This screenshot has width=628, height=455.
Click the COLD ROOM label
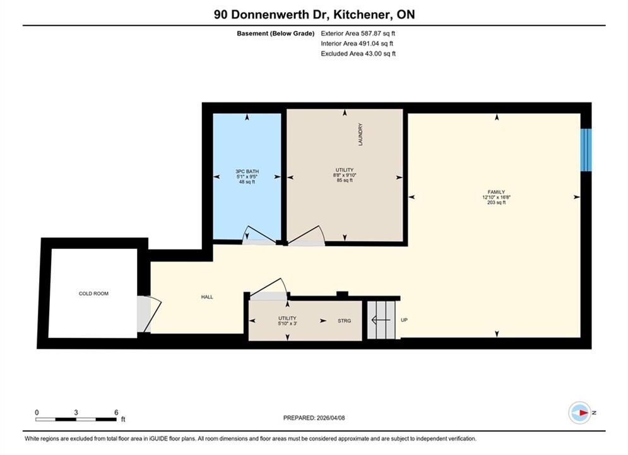coord(93,293)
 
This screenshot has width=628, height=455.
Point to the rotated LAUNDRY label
coord(360,135)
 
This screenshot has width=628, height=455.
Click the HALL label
coord(207,297)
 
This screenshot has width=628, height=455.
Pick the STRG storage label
coord(345,320)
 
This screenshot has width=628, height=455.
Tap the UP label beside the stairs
coord(404,320)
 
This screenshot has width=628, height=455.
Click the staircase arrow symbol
coord(381,320)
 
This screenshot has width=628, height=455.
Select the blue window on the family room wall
coord(586,150)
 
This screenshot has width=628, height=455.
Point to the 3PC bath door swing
coord(258,236)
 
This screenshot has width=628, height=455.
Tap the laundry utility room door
coord(306,236)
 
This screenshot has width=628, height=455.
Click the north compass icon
coord(579,413)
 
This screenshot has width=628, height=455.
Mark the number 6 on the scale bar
coord(117,412)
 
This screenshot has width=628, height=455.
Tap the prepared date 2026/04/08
coord(331,418)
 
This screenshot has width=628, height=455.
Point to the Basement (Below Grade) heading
coord(276,33)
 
